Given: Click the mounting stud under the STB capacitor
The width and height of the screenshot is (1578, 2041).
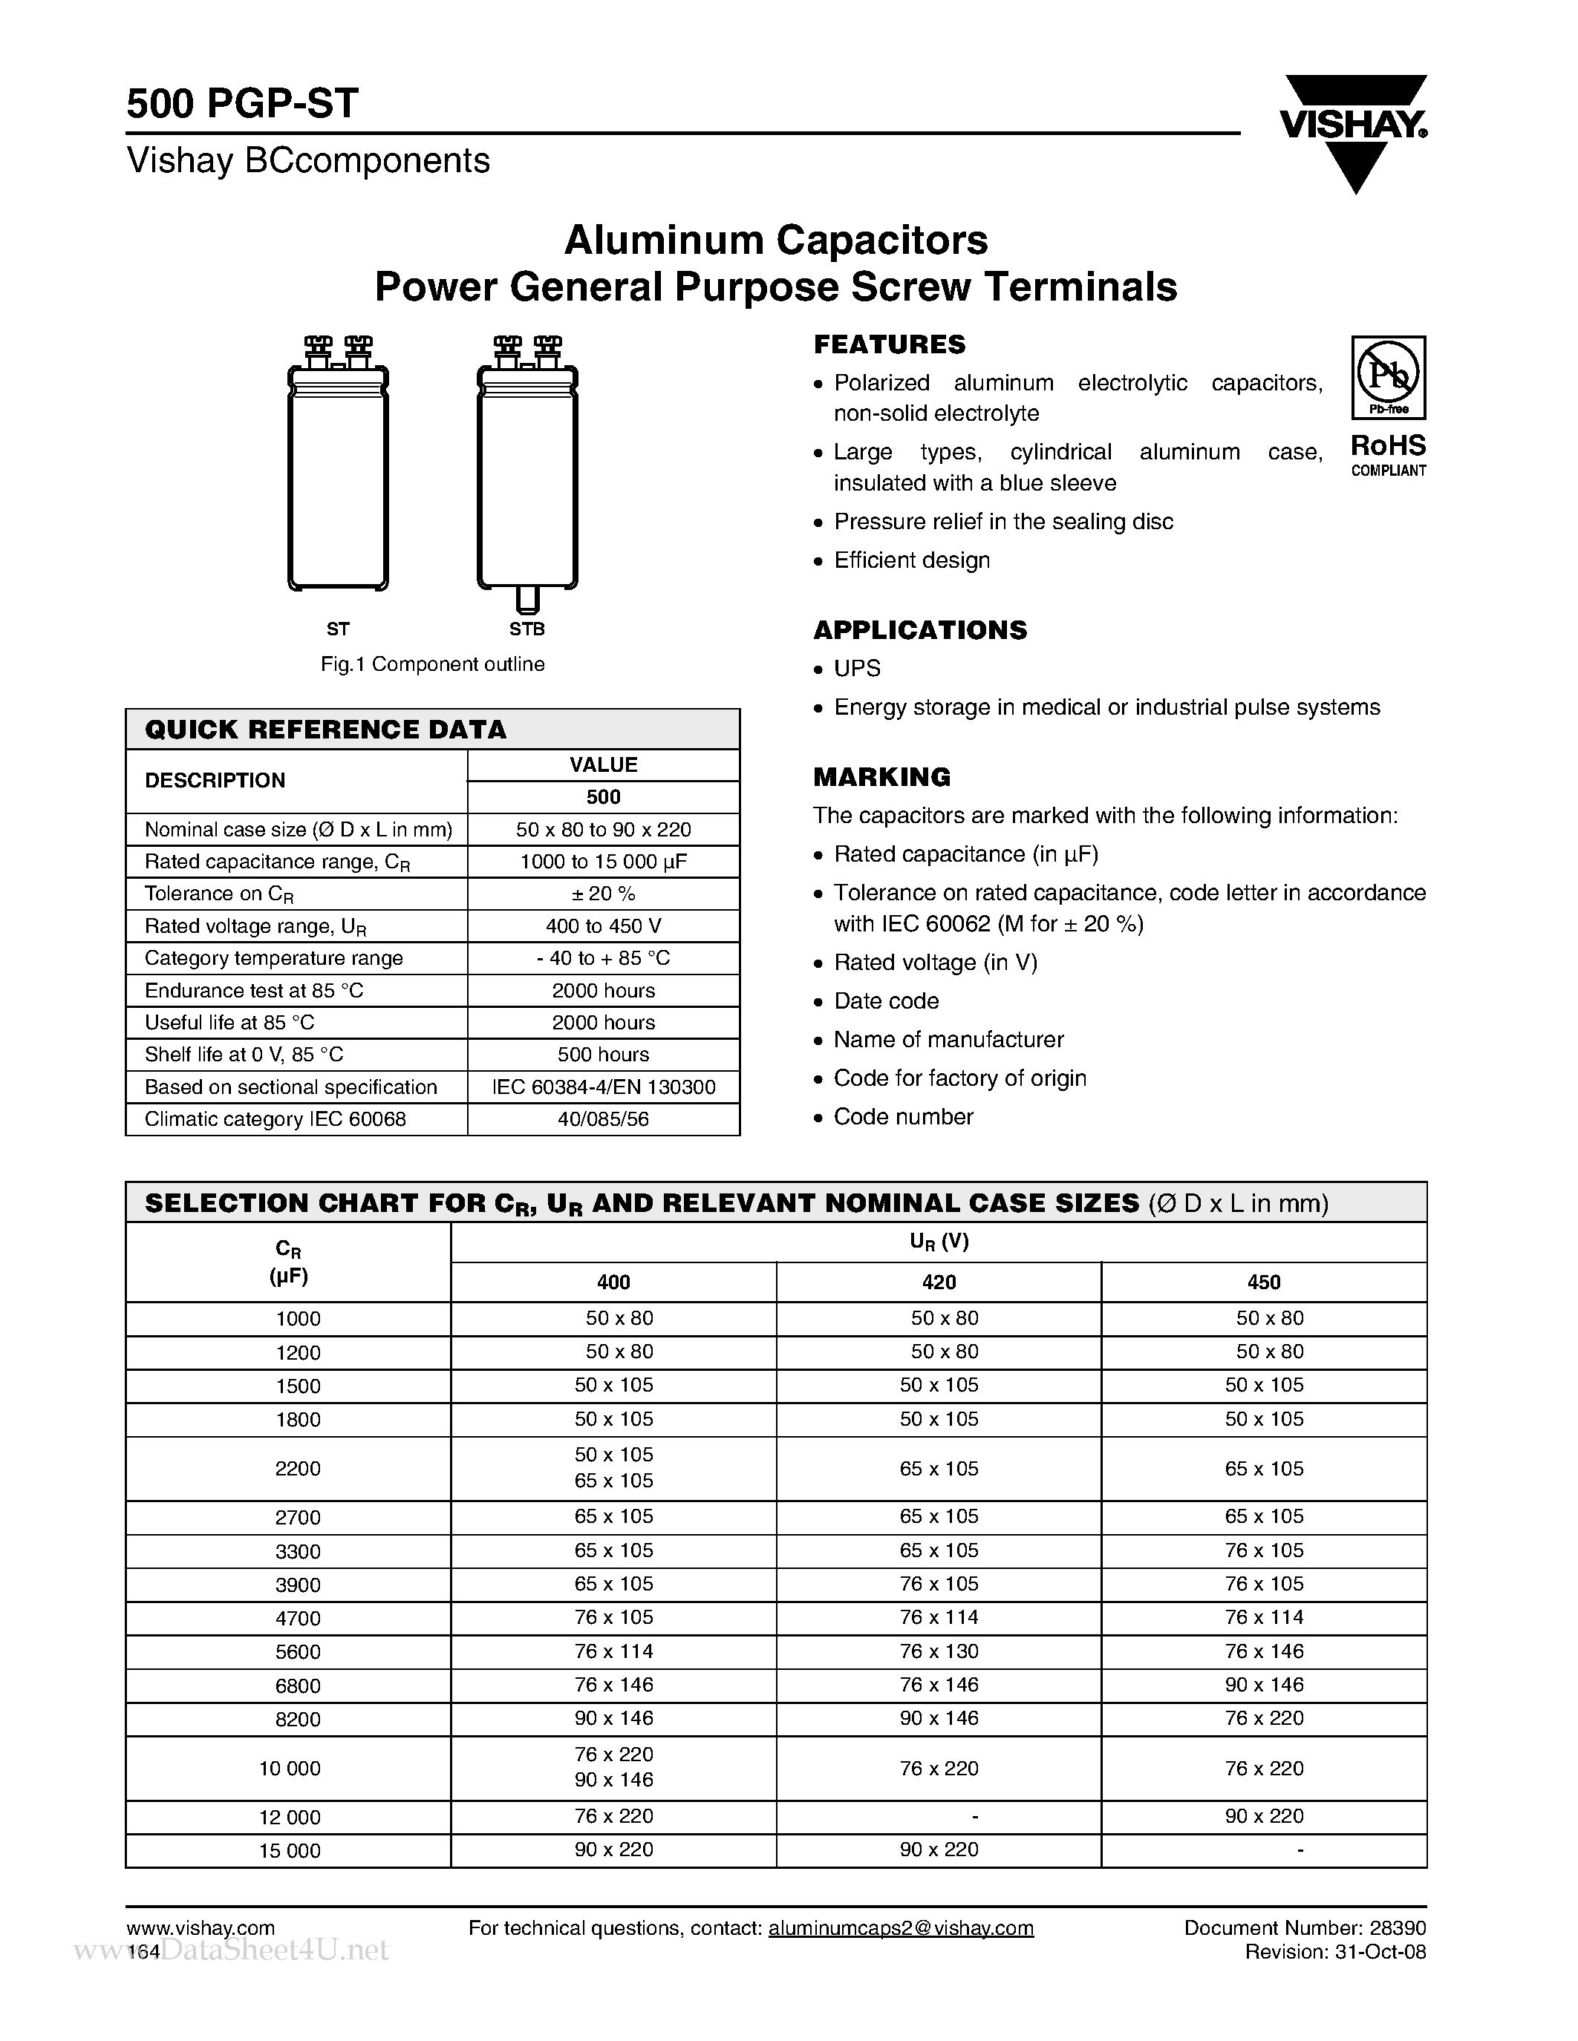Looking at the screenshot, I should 527,597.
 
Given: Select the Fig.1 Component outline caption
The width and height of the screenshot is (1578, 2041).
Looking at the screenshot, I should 432,664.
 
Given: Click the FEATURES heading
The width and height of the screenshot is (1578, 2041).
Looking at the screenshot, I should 889,345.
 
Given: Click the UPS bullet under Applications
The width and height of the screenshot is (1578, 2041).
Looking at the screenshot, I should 856,668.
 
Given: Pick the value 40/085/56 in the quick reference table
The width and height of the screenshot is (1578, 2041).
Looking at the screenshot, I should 603,1118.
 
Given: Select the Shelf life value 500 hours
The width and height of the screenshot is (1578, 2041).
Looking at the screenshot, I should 603,1054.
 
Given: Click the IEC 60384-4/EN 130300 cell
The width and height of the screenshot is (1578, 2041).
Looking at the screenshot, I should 603,1087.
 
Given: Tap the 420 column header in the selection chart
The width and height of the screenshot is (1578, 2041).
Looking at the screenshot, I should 939,1282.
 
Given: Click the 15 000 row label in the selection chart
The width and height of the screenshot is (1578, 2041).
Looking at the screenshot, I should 289,1850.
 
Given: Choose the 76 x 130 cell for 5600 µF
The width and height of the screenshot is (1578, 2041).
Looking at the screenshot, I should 939,1651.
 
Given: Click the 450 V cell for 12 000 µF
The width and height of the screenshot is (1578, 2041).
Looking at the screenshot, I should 1264,1816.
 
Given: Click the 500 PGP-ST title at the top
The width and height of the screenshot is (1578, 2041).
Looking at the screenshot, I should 242,104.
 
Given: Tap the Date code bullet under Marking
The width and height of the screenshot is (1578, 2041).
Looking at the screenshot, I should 885,1001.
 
